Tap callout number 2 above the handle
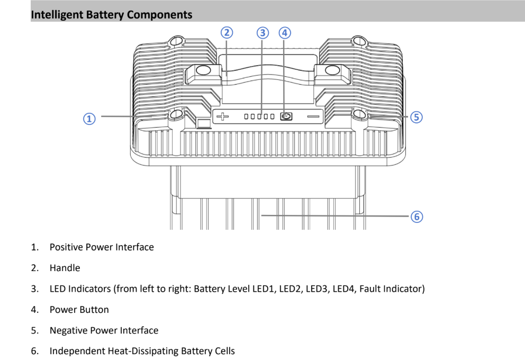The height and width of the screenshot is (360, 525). click(x=227, y=33)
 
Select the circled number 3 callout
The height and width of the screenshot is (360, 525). click(x=262, y=33)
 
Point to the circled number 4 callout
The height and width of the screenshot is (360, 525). click(x=285, y=33)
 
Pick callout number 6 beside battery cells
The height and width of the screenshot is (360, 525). click(x=417, y=216)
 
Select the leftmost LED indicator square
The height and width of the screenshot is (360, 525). click(x=246, y=116)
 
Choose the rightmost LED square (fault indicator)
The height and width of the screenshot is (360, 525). click(x=273, y=116)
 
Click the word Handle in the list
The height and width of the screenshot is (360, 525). click(x=65, y=268)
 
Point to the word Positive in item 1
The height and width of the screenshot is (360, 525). click(x=66, y=247)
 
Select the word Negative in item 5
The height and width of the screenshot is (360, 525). click(x=67, y=330)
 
